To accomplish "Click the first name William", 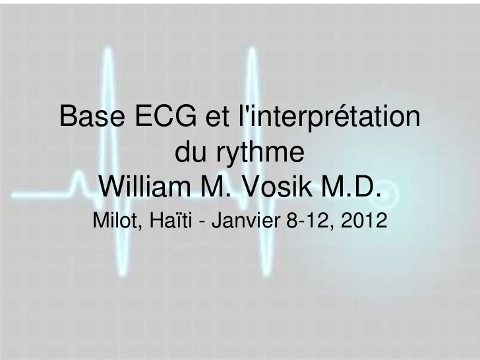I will pyautogui.click(x=151, y=187).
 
